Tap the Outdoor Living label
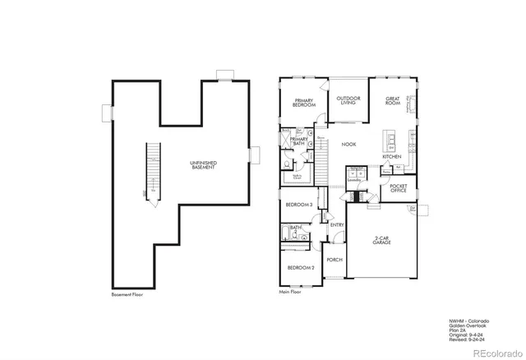[347, 100]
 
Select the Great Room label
[393, 101]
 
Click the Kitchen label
[391, 156]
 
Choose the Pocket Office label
[398, 188]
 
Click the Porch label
[335, 260]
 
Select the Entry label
[337, 224]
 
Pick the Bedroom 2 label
[300, 268]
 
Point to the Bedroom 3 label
[298, 204]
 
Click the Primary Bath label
[298, 141]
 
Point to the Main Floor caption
[290, 291]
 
